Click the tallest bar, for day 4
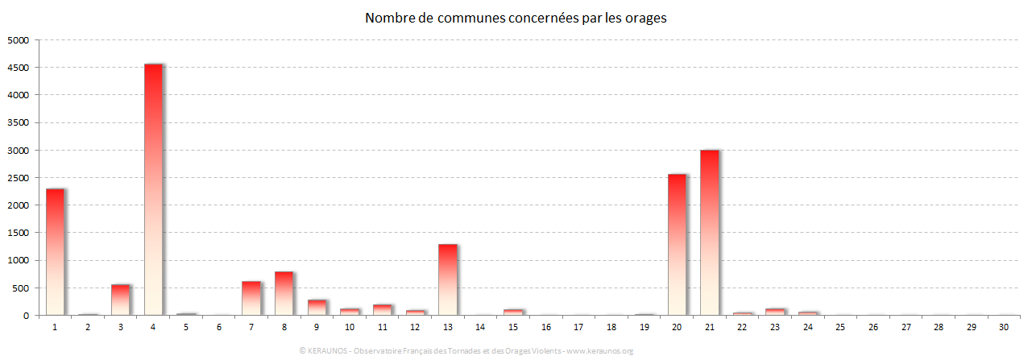click(x=153, y=189)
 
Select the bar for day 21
click(x=709, y=233)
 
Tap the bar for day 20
click(x=677, y=245)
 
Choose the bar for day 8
click(x=284, y=293)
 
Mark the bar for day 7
click(x=251, y=298)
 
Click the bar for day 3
click(x=120, y=300)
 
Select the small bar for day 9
click(x=317, y=308)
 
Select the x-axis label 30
click(x=1003, y=327)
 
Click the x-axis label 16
click(x=545, y=327)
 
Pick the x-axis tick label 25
click(x=839, y=327)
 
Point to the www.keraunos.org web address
click(x=600, y=350)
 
